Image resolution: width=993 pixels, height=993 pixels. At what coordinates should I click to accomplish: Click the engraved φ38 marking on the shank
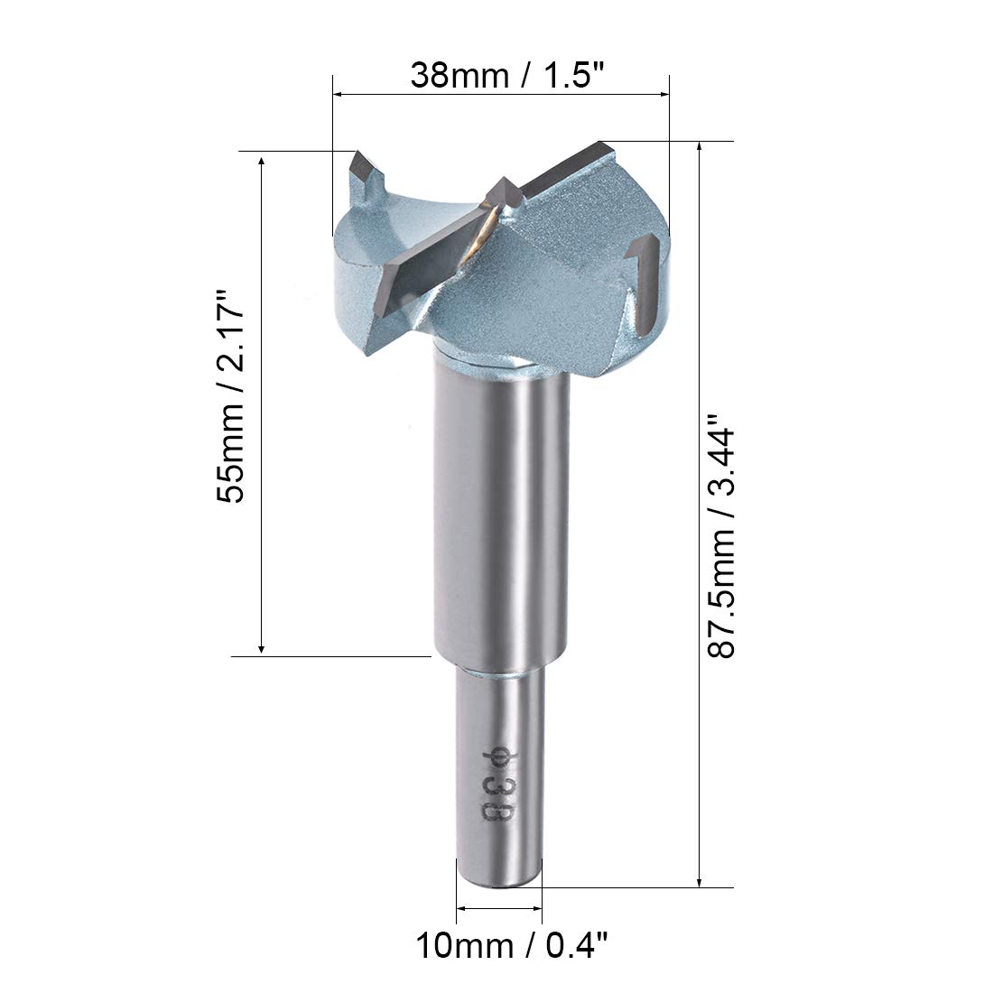tap(495, 782)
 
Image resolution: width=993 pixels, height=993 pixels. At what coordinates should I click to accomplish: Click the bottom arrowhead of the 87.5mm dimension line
tap(700, 880)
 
